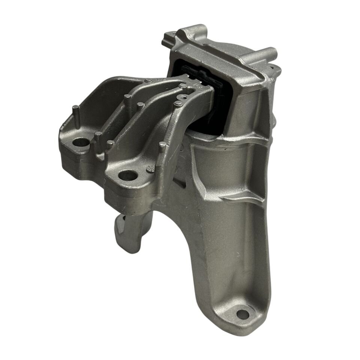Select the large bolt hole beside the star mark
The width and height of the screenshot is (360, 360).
pyautogui.click(x=129, y=174)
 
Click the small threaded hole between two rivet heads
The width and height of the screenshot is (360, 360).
pyautogui.click(x=181, y=98)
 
